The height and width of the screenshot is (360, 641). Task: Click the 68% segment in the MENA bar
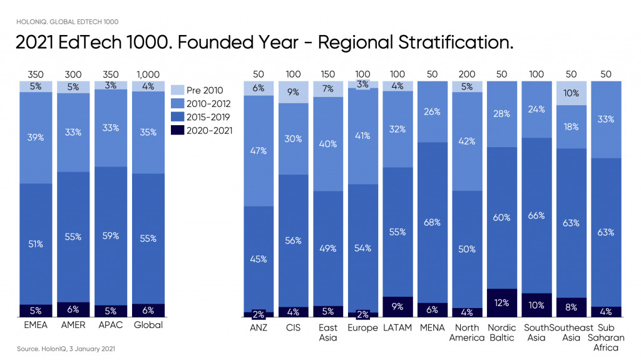click(x=433, y=222)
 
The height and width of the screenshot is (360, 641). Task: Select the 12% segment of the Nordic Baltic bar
click(x=502, y=302)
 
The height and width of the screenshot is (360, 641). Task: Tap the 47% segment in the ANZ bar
click(x=259, y=150)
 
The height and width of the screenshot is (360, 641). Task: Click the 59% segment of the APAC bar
click(x=110, y=236)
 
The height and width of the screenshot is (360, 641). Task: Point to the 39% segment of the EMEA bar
click(x=36, y=137)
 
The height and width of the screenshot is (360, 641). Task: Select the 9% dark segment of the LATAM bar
click(x=397, y=307)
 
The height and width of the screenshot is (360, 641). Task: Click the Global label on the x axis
click(x=148, y=326)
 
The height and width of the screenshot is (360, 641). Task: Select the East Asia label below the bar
click(x=328, y=332)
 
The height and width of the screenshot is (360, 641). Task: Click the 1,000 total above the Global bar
click(x=148, y=75)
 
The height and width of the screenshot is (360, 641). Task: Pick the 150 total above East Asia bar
click(x=328, y=75)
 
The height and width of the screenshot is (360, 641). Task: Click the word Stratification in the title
click(x=447, y=43)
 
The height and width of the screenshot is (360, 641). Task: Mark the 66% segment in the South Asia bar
click(x=536, y=215)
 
